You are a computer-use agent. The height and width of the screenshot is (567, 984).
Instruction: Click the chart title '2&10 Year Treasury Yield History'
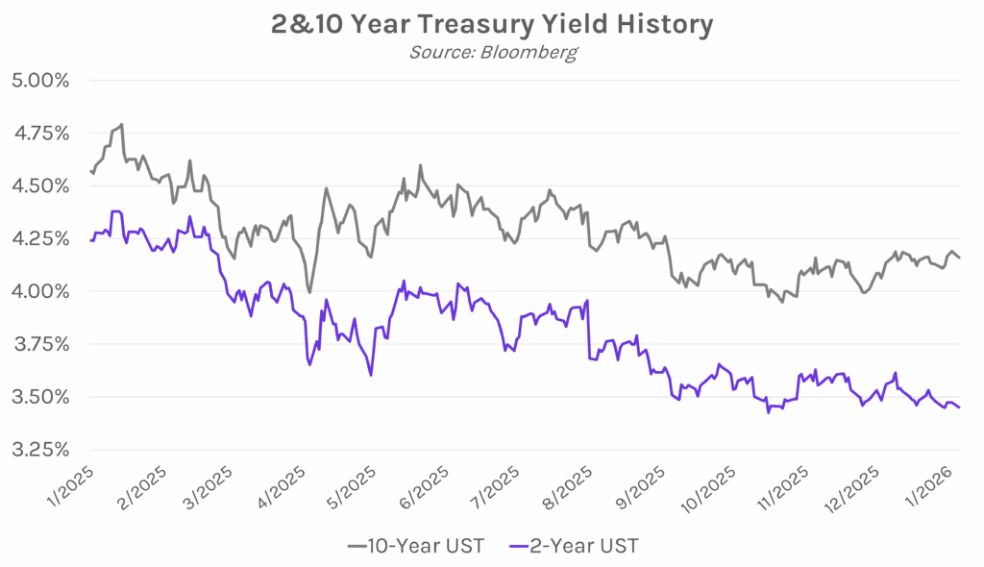click(x=491, y=24)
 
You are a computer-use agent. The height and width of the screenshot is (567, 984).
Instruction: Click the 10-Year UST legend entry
click(x=414, y=546)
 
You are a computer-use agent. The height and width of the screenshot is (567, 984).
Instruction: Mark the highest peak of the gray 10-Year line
click(x=121, y=124)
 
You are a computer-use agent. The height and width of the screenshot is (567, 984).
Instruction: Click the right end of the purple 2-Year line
click(x=959, y=407)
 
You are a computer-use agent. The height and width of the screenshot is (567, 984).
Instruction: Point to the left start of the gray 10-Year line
click(x=89, y=171)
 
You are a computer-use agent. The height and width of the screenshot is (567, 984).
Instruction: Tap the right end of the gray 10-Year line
click(x=959, y=258)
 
